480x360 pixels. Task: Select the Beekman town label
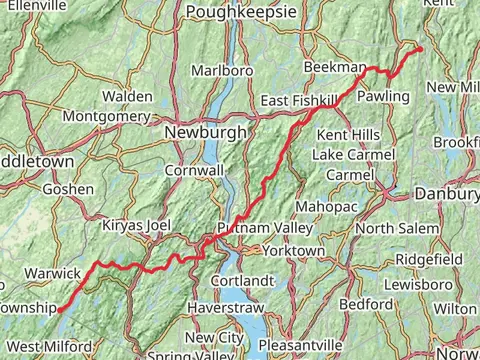(x=334, y=66)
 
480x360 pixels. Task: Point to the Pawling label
(x=384, y=96)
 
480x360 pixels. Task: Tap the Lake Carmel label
(x=353, y=155)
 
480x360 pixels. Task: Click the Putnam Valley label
(x=262, y=228)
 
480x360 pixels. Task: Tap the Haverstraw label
(x=225, y=309)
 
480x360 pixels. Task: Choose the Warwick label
(x=52, y=272)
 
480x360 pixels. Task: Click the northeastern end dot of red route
(x=420, y=49)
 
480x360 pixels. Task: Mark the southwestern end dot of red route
(x=59, y=310)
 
